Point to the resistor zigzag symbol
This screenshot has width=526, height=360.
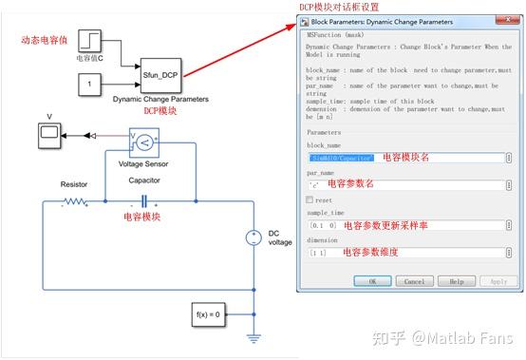[x=73, y=201]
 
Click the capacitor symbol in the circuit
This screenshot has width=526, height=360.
[x=143, y=201]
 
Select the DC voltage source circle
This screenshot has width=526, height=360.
[x=254, y=237]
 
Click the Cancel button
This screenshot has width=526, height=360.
[x=414, y=281]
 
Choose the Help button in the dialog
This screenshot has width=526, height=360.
[x=456, y=281]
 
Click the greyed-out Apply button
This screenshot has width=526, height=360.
[x=498, y=281]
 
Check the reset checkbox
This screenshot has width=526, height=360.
[x=310, y=199]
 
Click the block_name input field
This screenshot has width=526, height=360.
[x=408, y=157]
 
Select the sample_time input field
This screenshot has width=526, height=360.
[x=408, y=226]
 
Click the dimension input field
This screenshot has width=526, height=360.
[x=408, y=254]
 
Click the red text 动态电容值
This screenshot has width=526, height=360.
[x=43, y=40]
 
